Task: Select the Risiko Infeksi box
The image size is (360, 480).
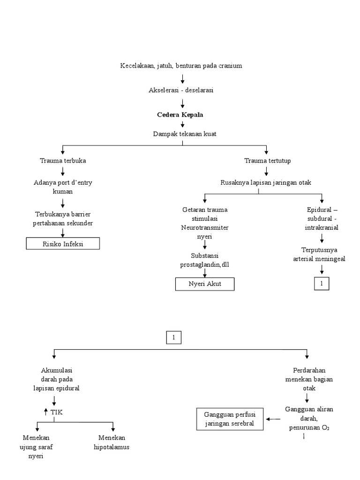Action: pos(62,244)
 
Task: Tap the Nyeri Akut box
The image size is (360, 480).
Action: pos(204,284)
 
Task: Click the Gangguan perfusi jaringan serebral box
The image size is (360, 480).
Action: pos(230,419)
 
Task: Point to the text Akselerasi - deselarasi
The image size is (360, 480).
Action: pos(181,90)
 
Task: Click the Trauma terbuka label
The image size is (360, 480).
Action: pos(62,161)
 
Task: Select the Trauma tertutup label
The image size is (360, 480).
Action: pos(267,161)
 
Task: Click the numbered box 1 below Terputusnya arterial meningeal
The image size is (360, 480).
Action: pos(322,284)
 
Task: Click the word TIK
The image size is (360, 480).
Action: pos(56,412)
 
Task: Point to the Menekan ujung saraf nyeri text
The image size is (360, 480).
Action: pos(36,447)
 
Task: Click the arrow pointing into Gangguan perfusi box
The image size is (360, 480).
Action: pos(273,419)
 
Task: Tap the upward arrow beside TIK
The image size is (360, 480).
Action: pos(45,412)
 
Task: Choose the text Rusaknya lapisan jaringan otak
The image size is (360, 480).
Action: pos(266,183)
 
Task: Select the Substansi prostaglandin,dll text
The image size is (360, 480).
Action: pos(204,260)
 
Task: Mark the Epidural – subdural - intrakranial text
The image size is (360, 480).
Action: pos(322,218)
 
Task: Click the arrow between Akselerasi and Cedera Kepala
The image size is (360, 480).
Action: pos(182,103)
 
